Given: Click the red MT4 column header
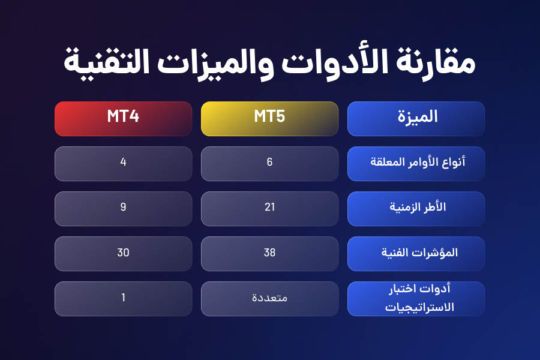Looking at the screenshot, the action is coord(123,119).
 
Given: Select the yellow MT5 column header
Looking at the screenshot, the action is coord(269,119).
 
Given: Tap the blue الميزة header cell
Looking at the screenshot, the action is coord(416,119).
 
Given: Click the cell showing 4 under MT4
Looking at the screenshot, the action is coord(123,164).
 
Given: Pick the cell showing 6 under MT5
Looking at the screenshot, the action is coord(269,164).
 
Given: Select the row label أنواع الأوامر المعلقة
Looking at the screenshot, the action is coord(416,164).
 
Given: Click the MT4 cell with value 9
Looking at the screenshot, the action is coord(123,209).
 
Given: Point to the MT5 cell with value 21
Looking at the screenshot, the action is coord(269,209).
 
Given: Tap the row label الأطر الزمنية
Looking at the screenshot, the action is coord(416,209).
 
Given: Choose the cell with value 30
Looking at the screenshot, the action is coord(123,254).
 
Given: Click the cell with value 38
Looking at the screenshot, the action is coord(269,254).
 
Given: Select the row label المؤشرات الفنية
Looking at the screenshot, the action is coord(416,254).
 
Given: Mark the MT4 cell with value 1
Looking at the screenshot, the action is coord(123,299).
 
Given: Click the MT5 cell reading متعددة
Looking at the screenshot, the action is coord(269,299).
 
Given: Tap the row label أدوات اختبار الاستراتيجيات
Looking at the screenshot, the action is coord(416,299).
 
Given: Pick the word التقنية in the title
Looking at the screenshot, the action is coord(107,61).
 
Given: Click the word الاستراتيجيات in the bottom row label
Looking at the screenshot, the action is coord(419,307).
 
